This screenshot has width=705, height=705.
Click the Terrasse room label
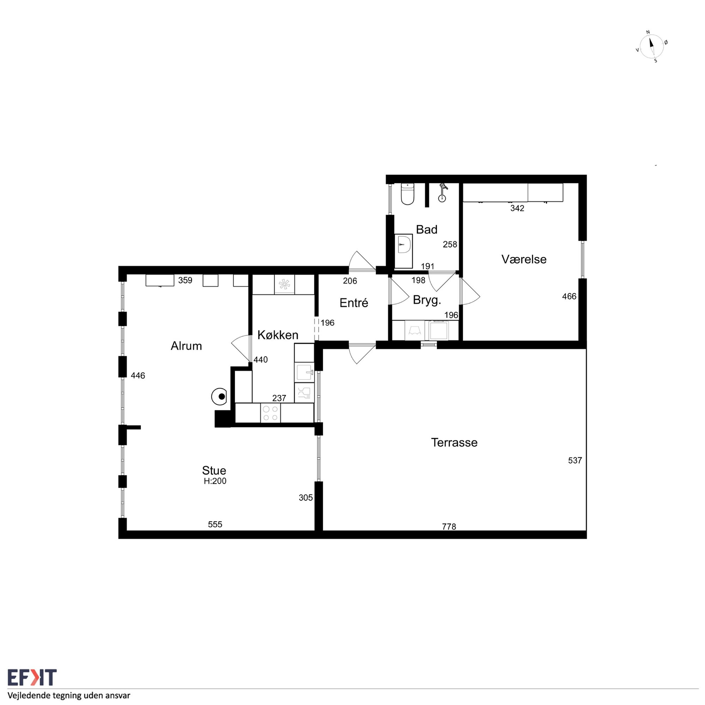click(x=454, y=443)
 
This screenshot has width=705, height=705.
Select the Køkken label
click(x=278, y=335)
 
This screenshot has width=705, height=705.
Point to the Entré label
click(x=354, y=303)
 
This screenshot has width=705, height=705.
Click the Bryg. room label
click(x=427, y=300)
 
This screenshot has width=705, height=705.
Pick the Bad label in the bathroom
click(x=427, y=229)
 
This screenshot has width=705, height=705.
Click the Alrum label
click(x=186, y=346)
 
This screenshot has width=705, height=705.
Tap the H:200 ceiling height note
click(x=215, y=481)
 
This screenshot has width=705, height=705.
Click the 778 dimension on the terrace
click(x=449, y=527)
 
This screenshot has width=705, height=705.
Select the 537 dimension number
click(x=575, y=460)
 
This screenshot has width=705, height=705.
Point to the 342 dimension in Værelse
click(x=517, y=208)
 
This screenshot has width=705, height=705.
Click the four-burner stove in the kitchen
click(x=270, y=413)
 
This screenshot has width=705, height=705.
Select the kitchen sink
click(x=304, y=372)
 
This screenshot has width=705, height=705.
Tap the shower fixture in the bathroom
click(x=442, y=193)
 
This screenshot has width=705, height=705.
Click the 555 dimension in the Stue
click(x=215, y=524)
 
